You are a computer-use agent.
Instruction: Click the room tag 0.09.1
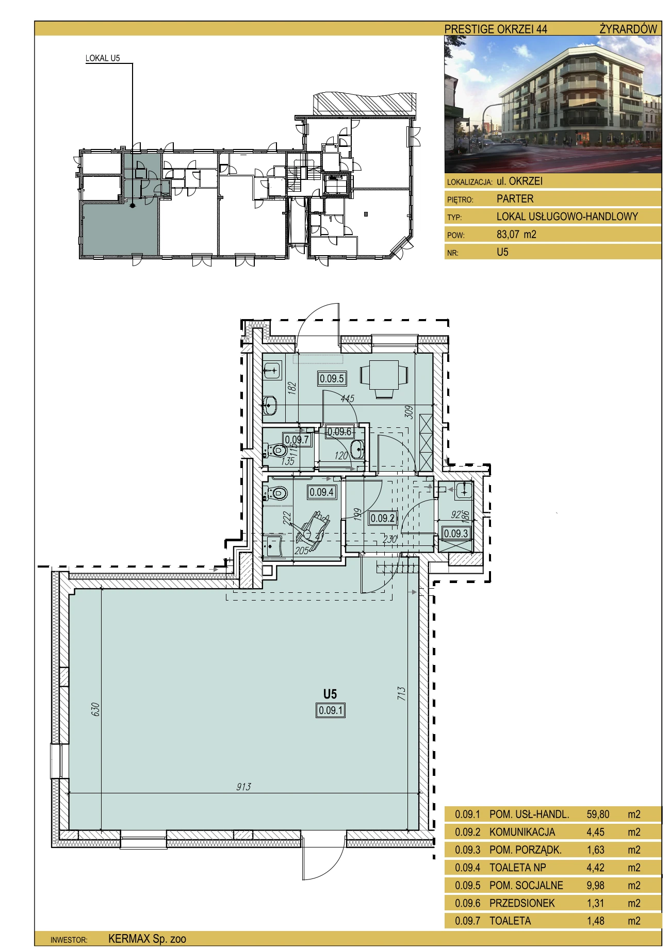click(331, 710)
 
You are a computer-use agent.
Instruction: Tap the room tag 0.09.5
click(332, 378)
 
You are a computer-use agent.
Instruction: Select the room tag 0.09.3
click(456, 534)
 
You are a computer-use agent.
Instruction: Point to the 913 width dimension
click(243, 786)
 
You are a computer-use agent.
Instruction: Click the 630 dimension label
click(95, 709)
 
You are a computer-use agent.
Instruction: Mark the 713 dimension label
click(402, 693)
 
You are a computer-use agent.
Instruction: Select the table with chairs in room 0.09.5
click(384, 379)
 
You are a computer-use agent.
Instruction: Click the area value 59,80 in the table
click(598, 814)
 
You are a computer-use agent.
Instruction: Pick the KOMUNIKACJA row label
click(522, 831)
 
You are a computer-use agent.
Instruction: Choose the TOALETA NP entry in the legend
click(517, 867)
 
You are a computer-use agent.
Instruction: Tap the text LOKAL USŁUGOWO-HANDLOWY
click(567, 217)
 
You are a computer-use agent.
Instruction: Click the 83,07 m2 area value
click(516, 234)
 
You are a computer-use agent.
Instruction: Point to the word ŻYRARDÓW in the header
click(628, 29)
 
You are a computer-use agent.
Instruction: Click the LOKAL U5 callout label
click(103, 58)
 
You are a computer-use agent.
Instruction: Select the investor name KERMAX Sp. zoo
click(147, 939)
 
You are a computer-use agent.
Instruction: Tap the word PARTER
click(515, 198)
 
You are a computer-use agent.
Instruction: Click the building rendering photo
click(553, 104)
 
